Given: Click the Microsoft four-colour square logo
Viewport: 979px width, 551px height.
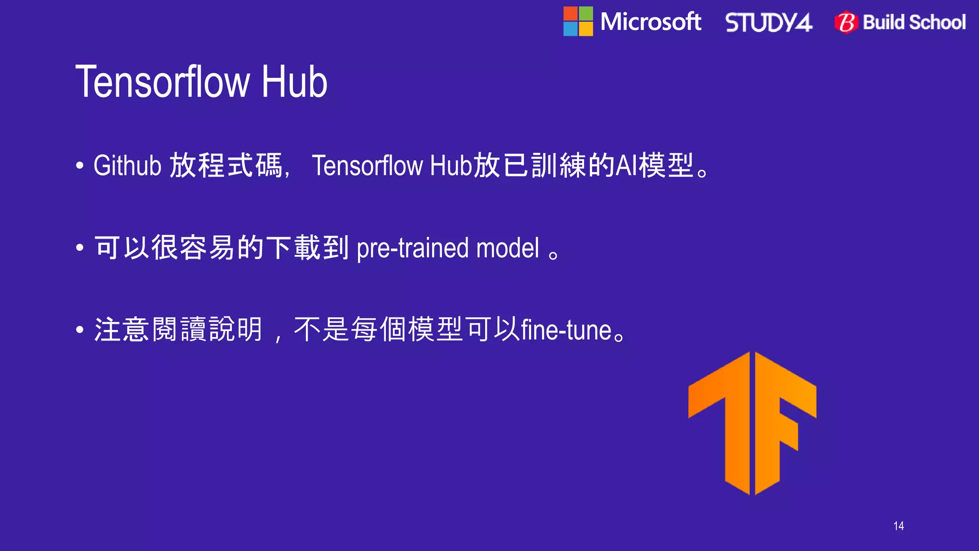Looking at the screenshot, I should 578,22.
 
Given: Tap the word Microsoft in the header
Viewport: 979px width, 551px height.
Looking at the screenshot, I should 651,22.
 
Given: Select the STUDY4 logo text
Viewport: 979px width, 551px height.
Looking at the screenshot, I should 769,22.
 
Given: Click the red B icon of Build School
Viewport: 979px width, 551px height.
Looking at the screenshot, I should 847,22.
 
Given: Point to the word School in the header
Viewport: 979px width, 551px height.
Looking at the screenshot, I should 937,22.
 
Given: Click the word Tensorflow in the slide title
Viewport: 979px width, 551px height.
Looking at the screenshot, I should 163,82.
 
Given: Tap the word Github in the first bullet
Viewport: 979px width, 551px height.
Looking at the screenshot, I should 127,166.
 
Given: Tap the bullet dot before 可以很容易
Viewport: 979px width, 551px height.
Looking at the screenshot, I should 80,248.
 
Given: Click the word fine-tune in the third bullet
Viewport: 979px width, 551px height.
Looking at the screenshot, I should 566,331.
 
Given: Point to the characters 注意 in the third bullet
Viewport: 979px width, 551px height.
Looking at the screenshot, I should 122,330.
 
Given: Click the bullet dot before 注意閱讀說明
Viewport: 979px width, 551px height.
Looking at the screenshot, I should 80,330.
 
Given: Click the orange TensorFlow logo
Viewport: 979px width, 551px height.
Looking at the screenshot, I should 752,423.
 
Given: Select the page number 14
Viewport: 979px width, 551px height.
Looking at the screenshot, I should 898,526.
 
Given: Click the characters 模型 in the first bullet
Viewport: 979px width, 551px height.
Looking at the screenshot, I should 666,166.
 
